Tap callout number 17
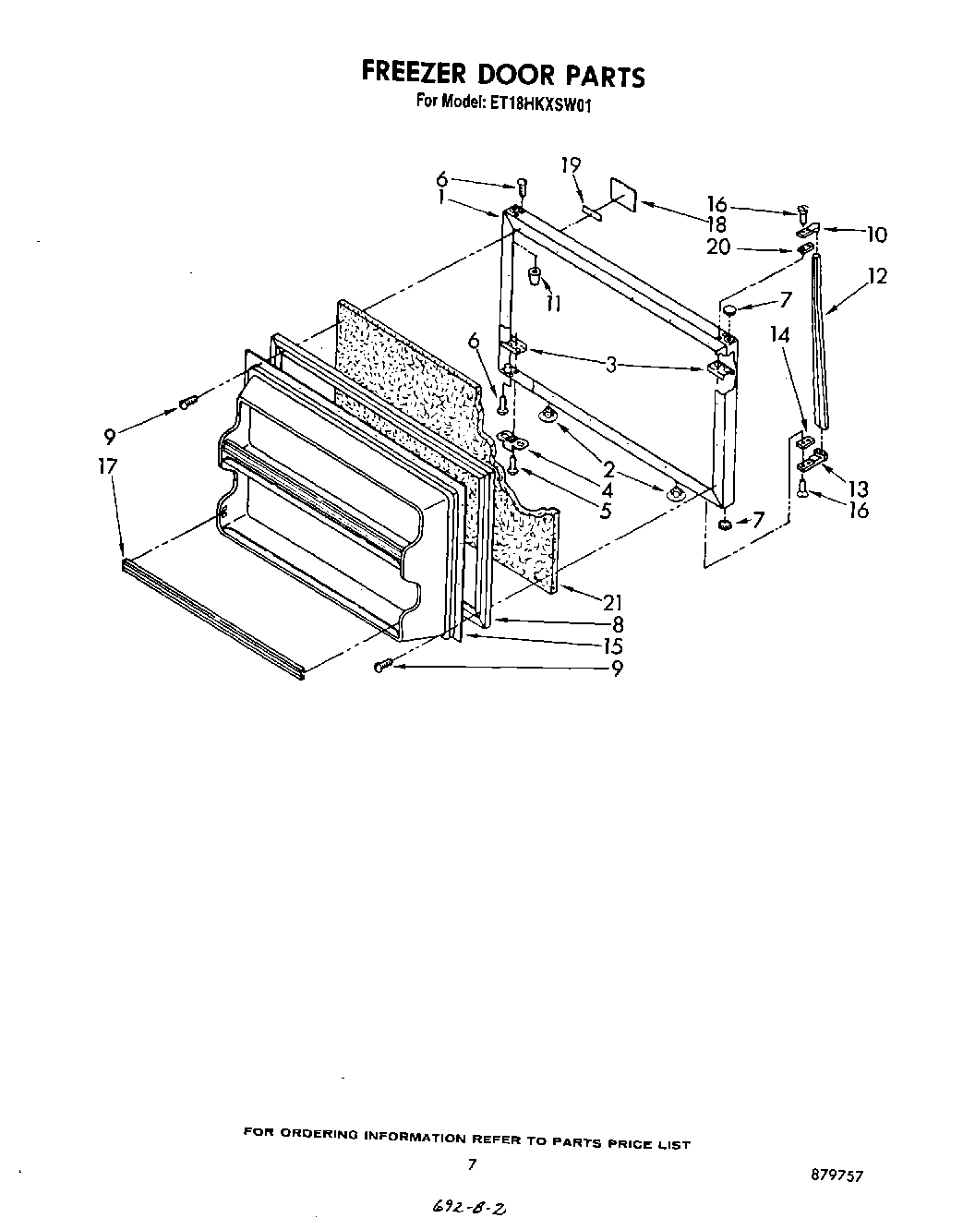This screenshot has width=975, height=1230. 108,466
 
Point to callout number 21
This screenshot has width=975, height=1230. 613,602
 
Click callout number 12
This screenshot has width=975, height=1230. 876,275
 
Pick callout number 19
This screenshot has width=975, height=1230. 571,165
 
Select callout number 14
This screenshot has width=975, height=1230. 780,334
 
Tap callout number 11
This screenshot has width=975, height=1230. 553,303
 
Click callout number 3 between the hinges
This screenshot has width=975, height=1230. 612,365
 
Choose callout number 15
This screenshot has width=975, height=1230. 612,646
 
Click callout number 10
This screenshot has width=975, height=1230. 875,235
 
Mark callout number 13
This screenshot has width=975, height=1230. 859,489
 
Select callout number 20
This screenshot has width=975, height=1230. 718,247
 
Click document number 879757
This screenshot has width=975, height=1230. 838,1176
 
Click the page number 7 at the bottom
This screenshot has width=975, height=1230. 472,1165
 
